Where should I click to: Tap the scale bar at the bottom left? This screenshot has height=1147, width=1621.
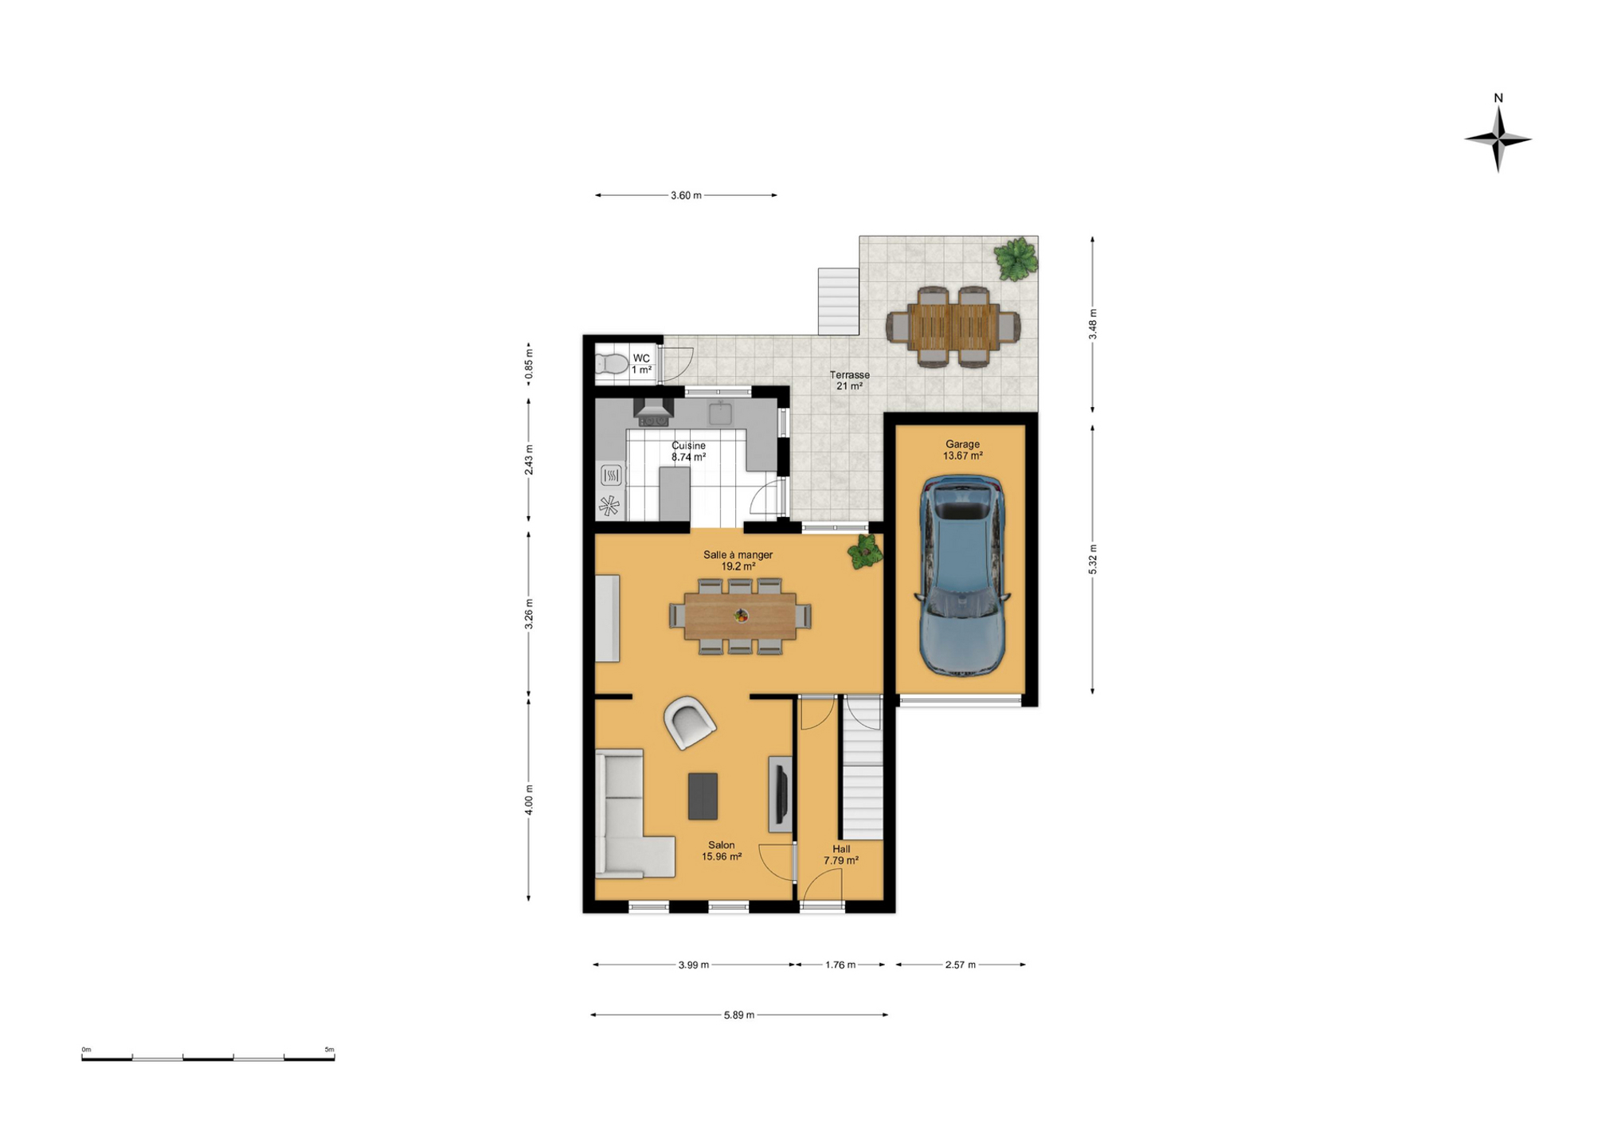pos(208,1058)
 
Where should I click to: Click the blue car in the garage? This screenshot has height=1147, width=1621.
pos(961,575)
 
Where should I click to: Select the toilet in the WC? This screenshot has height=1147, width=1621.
pos(612,364)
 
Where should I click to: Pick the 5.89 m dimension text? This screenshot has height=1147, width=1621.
pos(738,1015)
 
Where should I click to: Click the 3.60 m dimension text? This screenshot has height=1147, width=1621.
pos(686,195)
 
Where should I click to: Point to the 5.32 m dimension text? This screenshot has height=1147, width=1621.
pos(1093,559)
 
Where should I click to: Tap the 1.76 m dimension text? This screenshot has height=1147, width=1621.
pos(840,965)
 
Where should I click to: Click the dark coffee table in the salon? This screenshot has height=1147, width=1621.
pos(703,796)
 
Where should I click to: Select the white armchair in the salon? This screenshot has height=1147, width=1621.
pos(689,722)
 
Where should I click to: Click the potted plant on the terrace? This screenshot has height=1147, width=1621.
pos(1016,258)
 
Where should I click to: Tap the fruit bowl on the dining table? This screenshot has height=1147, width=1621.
pos(741,615)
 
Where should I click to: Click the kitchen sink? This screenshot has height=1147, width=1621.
pos(720,413)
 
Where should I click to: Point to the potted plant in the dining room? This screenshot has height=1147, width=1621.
pos(865,551)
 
